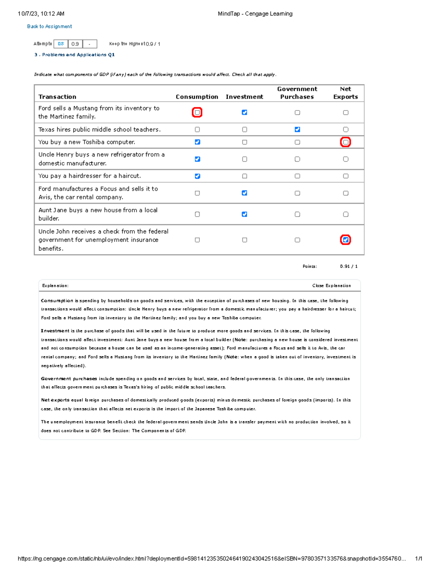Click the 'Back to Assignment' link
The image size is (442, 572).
[x=49, y=27]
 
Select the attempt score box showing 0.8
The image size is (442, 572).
[x=61, y=44]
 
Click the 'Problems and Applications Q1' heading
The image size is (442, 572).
[x=74, y=55]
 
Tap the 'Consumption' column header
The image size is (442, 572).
[x=197, y=97]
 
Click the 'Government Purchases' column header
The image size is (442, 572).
[x=297, y=93]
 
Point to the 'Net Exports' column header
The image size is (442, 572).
[x=345, y=93]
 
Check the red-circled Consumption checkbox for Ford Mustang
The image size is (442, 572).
[x=197, y=112]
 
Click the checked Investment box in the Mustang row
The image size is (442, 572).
[x=244, y=112]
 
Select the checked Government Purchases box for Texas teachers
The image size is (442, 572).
[x=297, y=129]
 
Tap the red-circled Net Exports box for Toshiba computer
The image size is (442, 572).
[x=345, y=142]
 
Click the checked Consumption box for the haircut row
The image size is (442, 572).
[x=197, y=176]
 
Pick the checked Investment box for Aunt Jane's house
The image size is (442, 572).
[x=244, y=214]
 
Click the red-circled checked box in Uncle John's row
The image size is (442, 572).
[x=345, y=240]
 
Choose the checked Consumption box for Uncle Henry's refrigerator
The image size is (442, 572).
[x=197, y=159]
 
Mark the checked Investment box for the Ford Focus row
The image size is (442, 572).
[x=244, y=193]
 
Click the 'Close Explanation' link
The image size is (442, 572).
[x=331, y=285]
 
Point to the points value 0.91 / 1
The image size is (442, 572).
[x=348, y=266]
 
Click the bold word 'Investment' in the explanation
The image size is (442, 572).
[x=55, y=331]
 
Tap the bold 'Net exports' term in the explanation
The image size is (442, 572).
[x=55, y=400]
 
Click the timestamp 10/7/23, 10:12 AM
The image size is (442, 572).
[x=41, y=14]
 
